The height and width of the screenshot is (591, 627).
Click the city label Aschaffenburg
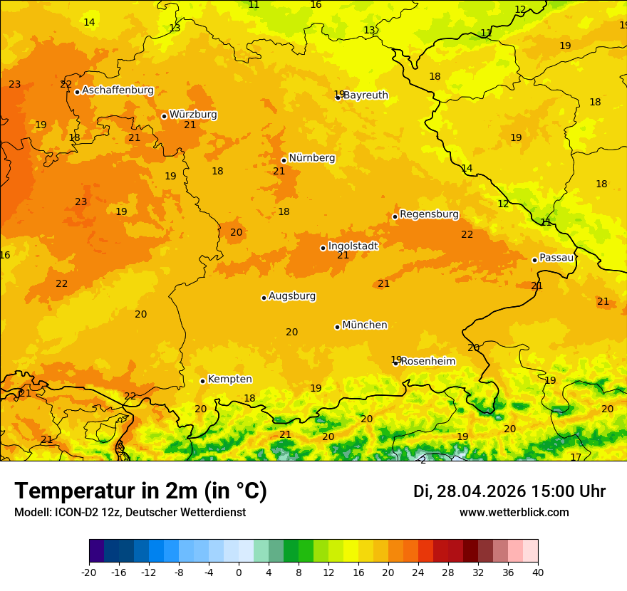(x=118, y=90)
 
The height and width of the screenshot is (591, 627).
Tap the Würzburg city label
(x=193, y=115)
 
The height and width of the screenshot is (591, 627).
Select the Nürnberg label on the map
(x=312, y=158)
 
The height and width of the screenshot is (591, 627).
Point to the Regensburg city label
(x=429, y=214)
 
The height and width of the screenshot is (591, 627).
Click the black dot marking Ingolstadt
(x=323, y=248)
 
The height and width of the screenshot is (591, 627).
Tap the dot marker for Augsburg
(x=264, y=298)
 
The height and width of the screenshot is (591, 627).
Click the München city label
(x=365, y=325)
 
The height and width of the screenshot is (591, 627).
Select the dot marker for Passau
(x=534, y=260)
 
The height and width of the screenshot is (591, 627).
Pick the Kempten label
(x=229, y=380)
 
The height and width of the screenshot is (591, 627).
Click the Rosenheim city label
(x=427, y=362)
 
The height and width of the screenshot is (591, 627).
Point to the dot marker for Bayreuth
(x=338, y=98)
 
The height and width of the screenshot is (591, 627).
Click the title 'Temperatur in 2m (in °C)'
(x=140, y=491)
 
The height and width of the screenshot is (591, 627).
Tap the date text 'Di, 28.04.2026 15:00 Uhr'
(x=509, y=491)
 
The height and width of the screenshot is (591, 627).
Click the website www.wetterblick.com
(x=514, y=513)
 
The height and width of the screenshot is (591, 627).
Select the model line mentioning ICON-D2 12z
(x=130, y=513)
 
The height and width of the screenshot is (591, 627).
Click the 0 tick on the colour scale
(x=239, y=572)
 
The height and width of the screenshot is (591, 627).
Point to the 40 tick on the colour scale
(x=538, y=572)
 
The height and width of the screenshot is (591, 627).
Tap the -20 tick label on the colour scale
(x=89, y=572)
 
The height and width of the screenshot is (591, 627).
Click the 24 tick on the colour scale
(x=418, y=572)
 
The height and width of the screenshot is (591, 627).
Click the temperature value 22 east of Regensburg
(x=467, y=234)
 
